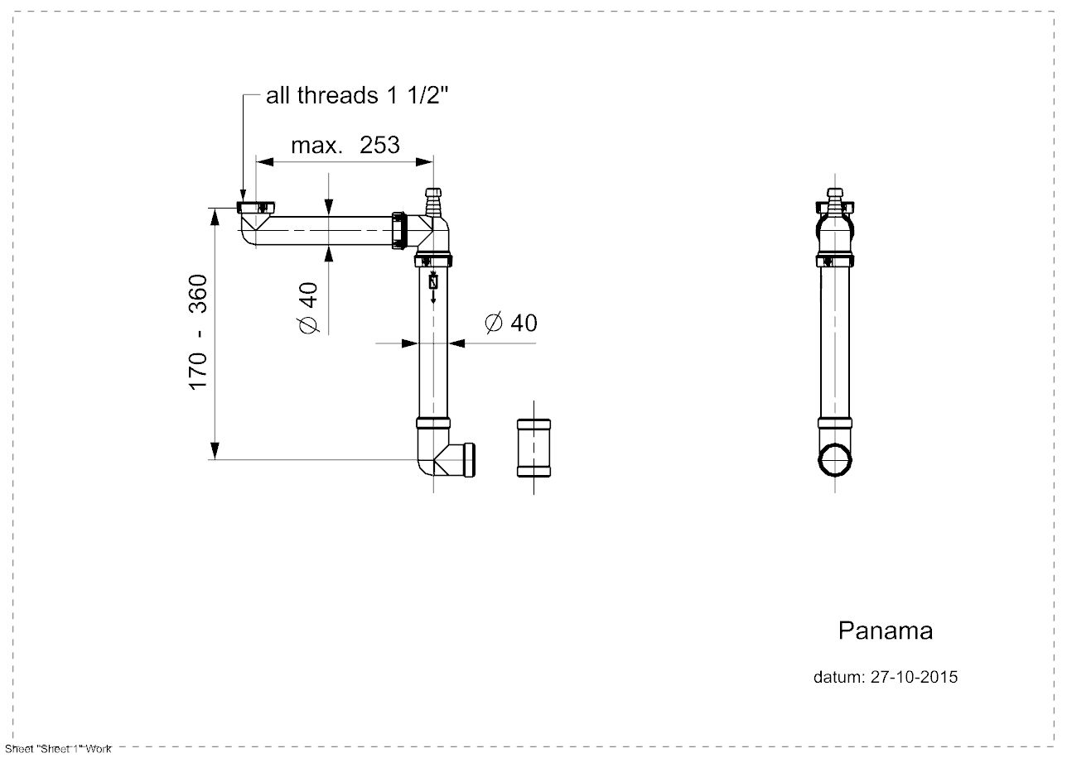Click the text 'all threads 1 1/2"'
357,96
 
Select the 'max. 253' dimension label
345,146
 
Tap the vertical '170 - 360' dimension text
198,333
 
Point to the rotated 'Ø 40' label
307,308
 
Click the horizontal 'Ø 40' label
510,323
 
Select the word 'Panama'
885,631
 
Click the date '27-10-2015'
914,677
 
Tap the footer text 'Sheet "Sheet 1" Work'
57,749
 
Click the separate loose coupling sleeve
533,448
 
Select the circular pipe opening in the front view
835,460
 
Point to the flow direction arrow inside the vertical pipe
432,285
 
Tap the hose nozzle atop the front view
835,199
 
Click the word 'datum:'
839,677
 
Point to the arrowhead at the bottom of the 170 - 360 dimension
215,451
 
